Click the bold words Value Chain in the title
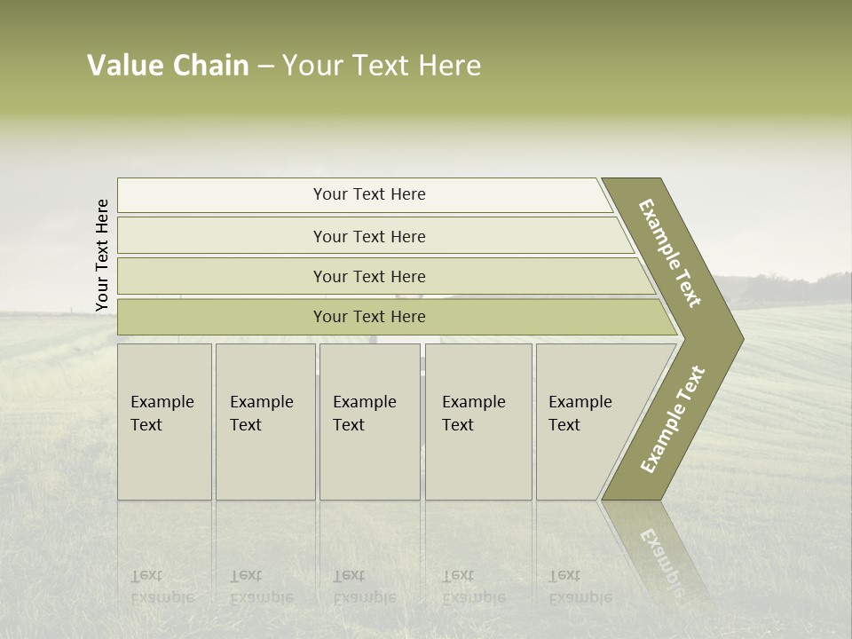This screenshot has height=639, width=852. click(x=168, y=66)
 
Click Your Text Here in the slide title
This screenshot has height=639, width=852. click(x=382, y=66)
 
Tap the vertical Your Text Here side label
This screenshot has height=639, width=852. click(x=102, y=256)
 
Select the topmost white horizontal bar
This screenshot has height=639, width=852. click(x=364, y=195)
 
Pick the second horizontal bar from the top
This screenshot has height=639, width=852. click(x=368, y=236)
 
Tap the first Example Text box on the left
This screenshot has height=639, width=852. click(x=164, y=422)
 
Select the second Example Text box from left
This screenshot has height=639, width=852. click(x=264, y=422)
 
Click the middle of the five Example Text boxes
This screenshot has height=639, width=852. click(x=369, y=422)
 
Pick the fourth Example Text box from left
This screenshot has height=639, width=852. click(x=477, y=422)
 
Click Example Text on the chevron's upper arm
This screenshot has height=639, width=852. click(x=671, y=253)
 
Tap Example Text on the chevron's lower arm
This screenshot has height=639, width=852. click(x=673, y=420)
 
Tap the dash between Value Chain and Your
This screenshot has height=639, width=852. click(x=265, y=67)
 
